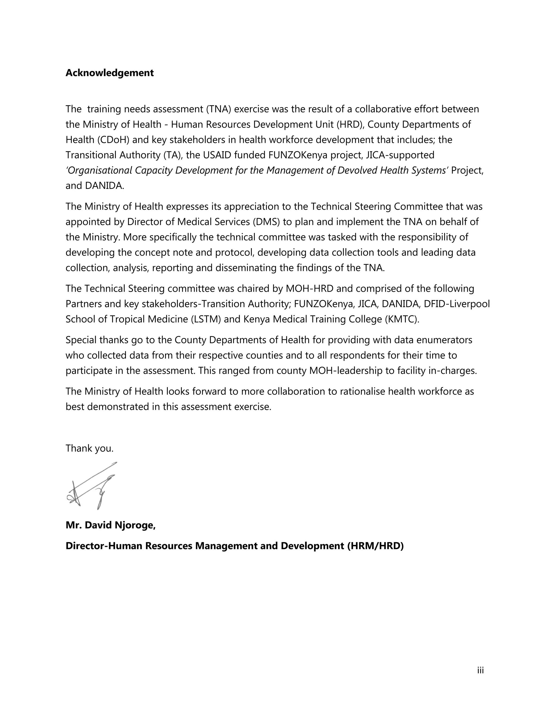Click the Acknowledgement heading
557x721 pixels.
click(110, 73)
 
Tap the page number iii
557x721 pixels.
click(480, 670)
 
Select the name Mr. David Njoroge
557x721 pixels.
click(110, 525)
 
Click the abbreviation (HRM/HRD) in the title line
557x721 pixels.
click(375, 546)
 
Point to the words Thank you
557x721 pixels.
click(89, 448)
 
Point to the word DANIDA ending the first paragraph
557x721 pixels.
click(104, 186)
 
